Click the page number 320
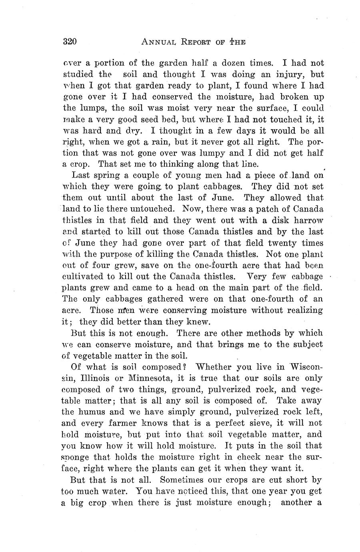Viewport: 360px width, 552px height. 70,42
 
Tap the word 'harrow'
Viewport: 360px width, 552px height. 310,220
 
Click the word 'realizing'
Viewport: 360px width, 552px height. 305,310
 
